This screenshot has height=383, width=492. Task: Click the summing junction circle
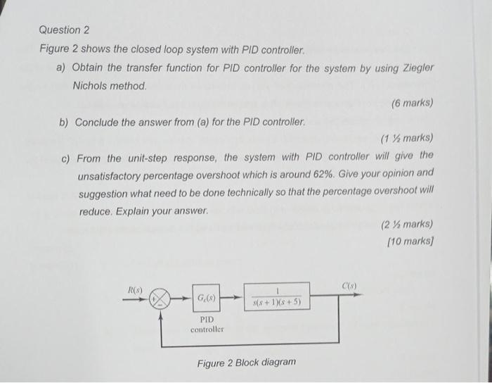161,298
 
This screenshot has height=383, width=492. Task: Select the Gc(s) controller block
207,299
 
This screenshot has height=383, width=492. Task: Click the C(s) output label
350,287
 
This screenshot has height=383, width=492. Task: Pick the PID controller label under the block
207,324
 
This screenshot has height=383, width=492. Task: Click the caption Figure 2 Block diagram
247,362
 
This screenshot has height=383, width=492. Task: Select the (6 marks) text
412,103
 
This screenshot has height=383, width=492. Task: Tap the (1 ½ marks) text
406,138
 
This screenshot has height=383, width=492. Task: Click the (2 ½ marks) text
406,225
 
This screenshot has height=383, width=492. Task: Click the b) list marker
64,122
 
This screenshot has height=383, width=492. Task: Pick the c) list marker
65,157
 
